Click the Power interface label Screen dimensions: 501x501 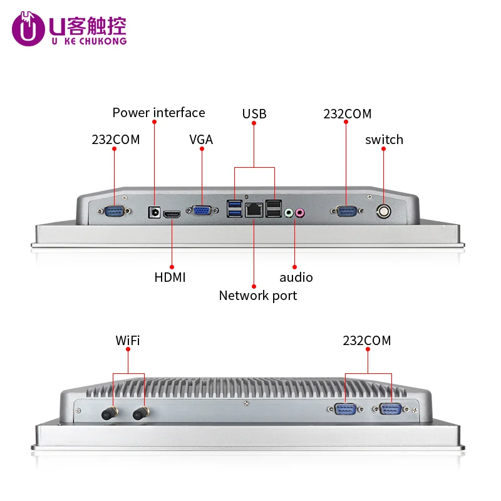(158, 113)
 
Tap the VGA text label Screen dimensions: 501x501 (201, 140)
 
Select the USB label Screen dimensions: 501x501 (254, 113)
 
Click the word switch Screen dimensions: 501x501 (384, 140)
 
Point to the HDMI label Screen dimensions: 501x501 (170, 277)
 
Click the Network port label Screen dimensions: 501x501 (258, 296)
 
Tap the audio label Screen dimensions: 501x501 (296, 277)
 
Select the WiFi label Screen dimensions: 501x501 (128, 341)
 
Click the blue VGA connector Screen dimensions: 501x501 (202, 211)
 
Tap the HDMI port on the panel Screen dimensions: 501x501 (172, 215)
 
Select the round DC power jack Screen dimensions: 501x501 (153, 212)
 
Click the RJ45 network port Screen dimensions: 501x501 (254, 210)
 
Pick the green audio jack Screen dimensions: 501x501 (289, 213)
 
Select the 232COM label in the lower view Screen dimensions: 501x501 (366, 341)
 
